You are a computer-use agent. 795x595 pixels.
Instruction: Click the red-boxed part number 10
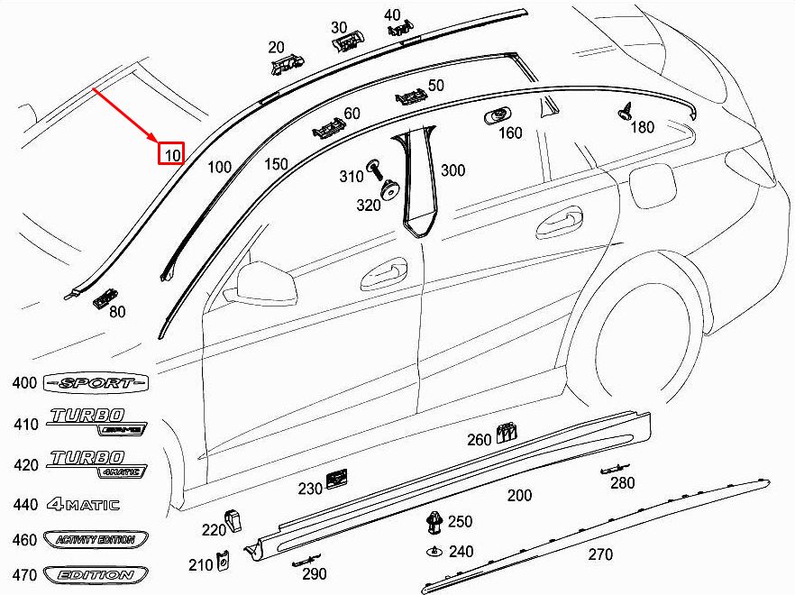point(171,153)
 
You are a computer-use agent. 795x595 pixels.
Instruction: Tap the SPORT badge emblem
point(96,383)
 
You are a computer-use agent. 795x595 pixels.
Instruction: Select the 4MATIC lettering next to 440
point(84,504)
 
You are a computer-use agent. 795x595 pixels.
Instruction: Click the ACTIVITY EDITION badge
point(96,540)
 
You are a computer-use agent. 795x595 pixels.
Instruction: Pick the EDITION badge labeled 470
point(96,575)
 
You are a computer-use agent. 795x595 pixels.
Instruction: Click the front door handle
point(384,274)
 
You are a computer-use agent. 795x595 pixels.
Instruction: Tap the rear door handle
point(559,221)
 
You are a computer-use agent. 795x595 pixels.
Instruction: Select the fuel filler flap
point(653,186)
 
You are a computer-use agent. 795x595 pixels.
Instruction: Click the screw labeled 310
point(375,169)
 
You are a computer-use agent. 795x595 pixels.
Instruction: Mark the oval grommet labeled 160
point(497,116)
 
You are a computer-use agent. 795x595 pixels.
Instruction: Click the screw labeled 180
point(626,111)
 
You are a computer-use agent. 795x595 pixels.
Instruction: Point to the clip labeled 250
point(435,523)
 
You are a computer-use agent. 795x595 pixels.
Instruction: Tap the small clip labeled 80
point(105,298)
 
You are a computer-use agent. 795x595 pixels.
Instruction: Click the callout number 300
point(452,170)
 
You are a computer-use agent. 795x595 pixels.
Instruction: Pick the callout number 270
point(600,554)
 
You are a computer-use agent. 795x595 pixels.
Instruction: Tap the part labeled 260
point(507,433)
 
